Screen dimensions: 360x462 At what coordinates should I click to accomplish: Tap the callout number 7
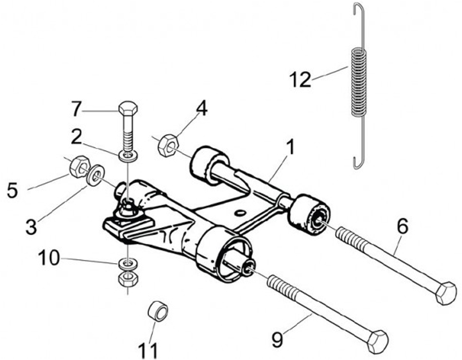point(77,109)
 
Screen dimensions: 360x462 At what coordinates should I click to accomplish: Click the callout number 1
point(290,148)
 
